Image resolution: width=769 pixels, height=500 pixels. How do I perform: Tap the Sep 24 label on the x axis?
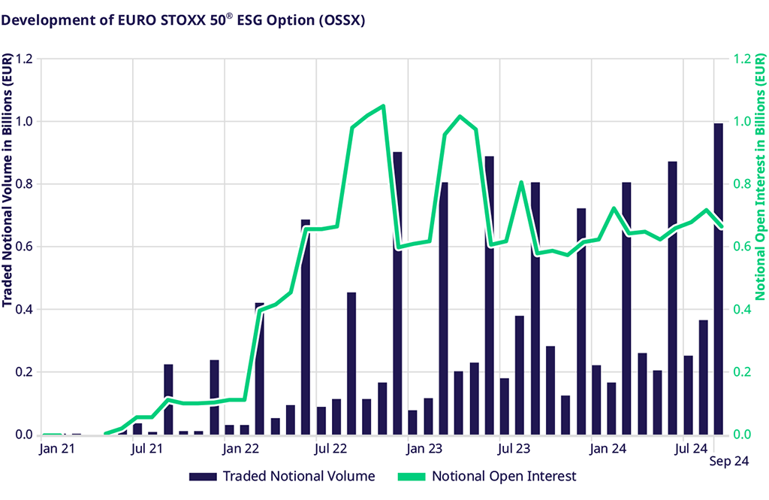pos(729,462)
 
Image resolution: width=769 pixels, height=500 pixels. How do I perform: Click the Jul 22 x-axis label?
pos(329,449)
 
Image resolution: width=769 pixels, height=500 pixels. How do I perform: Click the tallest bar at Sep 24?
pos(718,278)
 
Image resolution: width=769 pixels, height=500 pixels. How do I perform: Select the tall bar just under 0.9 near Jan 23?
pos(397,293)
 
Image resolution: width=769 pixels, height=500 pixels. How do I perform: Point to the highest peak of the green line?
pos(383,106)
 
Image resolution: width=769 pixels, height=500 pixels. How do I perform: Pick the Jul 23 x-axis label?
pos(514,449)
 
